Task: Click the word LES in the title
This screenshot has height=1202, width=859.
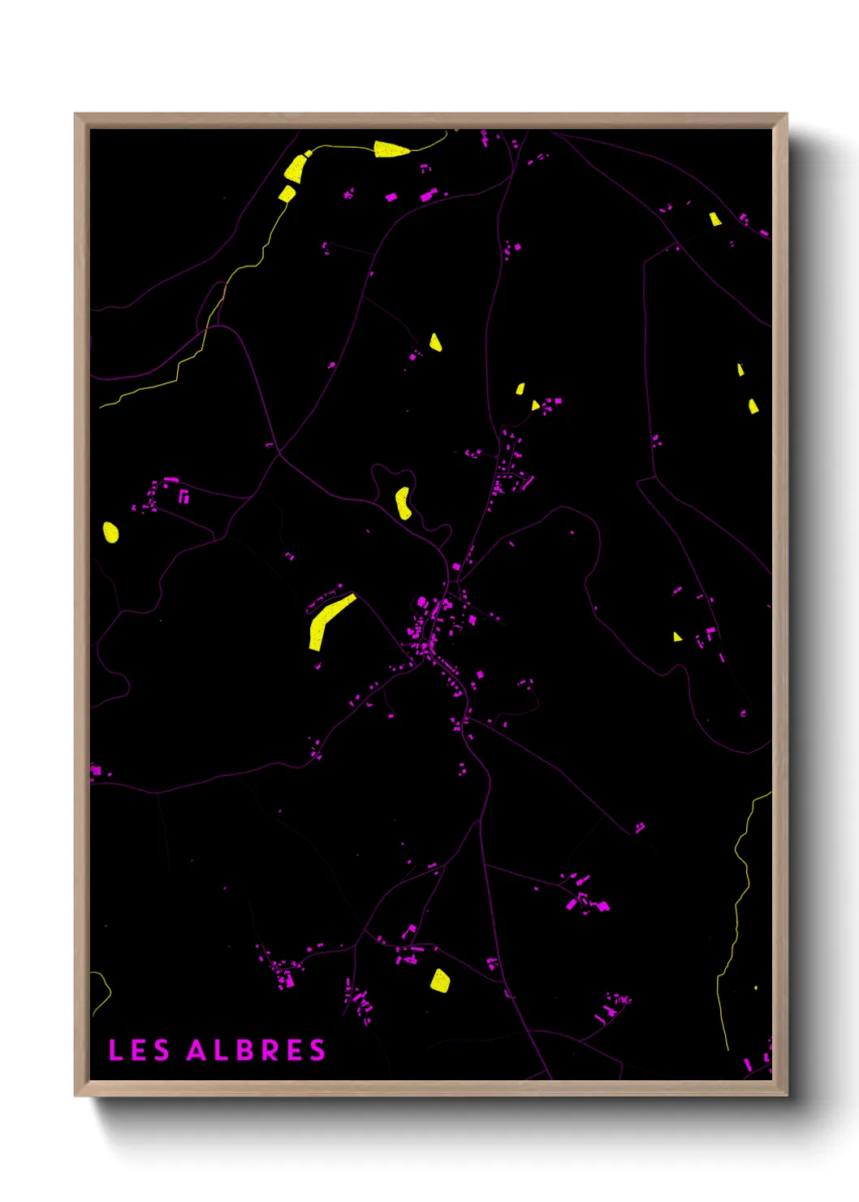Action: pos(139,1050)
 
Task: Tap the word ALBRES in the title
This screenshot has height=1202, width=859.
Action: pos(256,1050)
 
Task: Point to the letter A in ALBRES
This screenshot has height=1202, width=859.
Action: pos(196,1050)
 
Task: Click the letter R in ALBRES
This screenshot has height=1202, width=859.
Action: pos(271,1050)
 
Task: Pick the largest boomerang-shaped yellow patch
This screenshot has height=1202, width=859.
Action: pos(325,621)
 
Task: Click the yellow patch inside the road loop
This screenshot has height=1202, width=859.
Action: pos(403,503)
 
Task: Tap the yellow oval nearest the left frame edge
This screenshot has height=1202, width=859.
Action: pos(111,532)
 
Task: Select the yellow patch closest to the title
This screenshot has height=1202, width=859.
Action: pos(439,980)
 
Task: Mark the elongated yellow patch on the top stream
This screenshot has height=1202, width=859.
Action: pos(391,149)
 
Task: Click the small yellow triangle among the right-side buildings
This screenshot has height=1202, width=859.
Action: pos(677,637)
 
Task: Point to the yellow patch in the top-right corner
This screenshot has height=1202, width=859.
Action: pos(714,218)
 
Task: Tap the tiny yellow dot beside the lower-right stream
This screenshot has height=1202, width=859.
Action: pos(756,988)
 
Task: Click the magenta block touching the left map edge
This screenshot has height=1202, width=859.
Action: pos(96,770)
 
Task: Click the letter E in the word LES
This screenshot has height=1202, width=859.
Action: pos(139,1050)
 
